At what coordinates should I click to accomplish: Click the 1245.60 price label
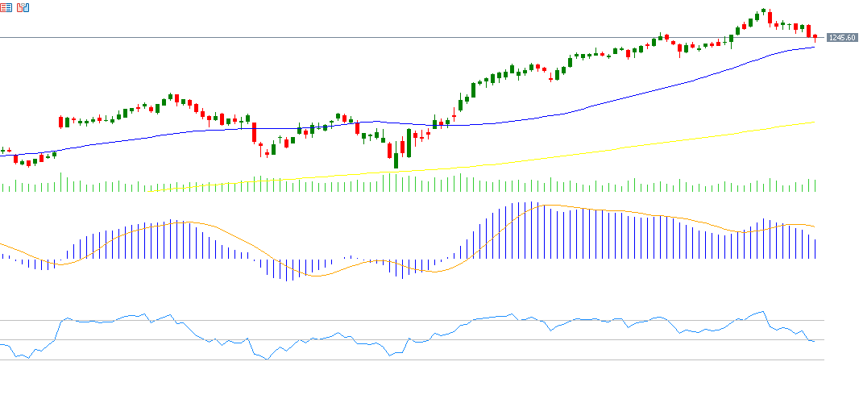[x=841, y=38]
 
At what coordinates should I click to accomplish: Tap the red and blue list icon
[x=6, y=8]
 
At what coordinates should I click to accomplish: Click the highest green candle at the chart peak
[x=762, y=12]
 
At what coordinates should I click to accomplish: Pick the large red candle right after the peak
[x=770, y=17]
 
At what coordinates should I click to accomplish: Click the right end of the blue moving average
[x=814, y=47]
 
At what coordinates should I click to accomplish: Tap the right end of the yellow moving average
[x=814, y=123]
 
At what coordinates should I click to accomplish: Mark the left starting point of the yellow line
[x=153, y=191]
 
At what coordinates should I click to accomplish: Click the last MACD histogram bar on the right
[x=815, y=249]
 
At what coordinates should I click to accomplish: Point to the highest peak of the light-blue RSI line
[x=761, y=311]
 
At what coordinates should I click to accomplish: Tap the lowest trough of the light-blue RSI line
[x=266, y=360]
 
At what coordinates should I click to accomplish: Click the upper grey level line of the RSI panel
[x=403, y=320]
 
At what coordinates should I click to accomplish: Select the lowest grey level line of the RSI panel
[x=403, y=360]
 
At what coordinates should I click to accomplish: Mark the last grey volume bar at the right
[x=815, y=185]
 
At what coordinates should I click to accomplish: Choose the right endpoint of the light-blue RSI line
[x=814, y=341]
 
